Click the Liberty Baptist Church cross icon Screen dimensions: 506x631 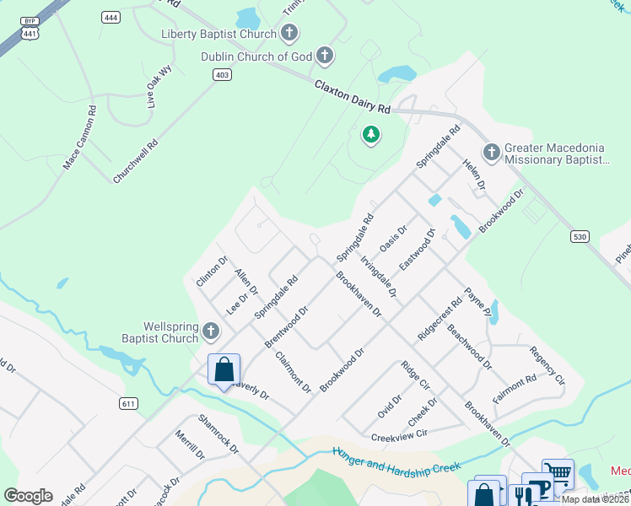289,34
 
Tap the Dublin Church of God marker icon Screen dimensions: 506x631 324,57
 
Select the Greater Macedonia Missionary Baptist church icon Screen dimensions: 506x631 492,153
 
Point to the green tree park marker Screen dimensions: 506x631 369,134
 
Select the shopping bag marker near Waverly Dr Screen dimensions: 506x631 224,369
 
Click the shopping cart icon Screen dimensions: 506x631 558,474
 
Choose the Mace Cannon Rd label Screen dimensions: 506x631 80,137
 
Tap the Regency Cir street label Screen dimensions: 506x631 547,367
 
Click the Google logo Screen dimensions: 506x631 29,496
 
